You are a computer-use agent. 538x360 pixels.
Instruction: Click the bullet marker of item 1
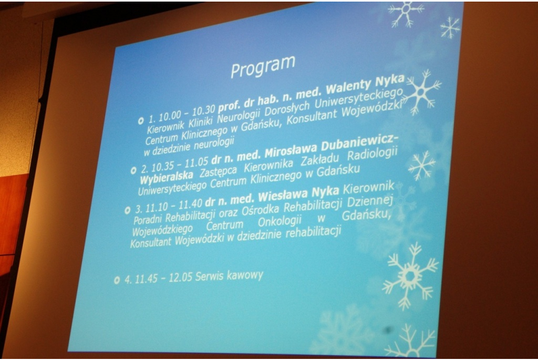141,121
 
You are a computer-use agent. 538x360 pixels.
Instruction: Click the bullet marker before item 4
117,281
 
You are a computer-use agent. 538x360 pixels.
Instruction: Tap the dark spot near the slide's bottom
388,330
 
